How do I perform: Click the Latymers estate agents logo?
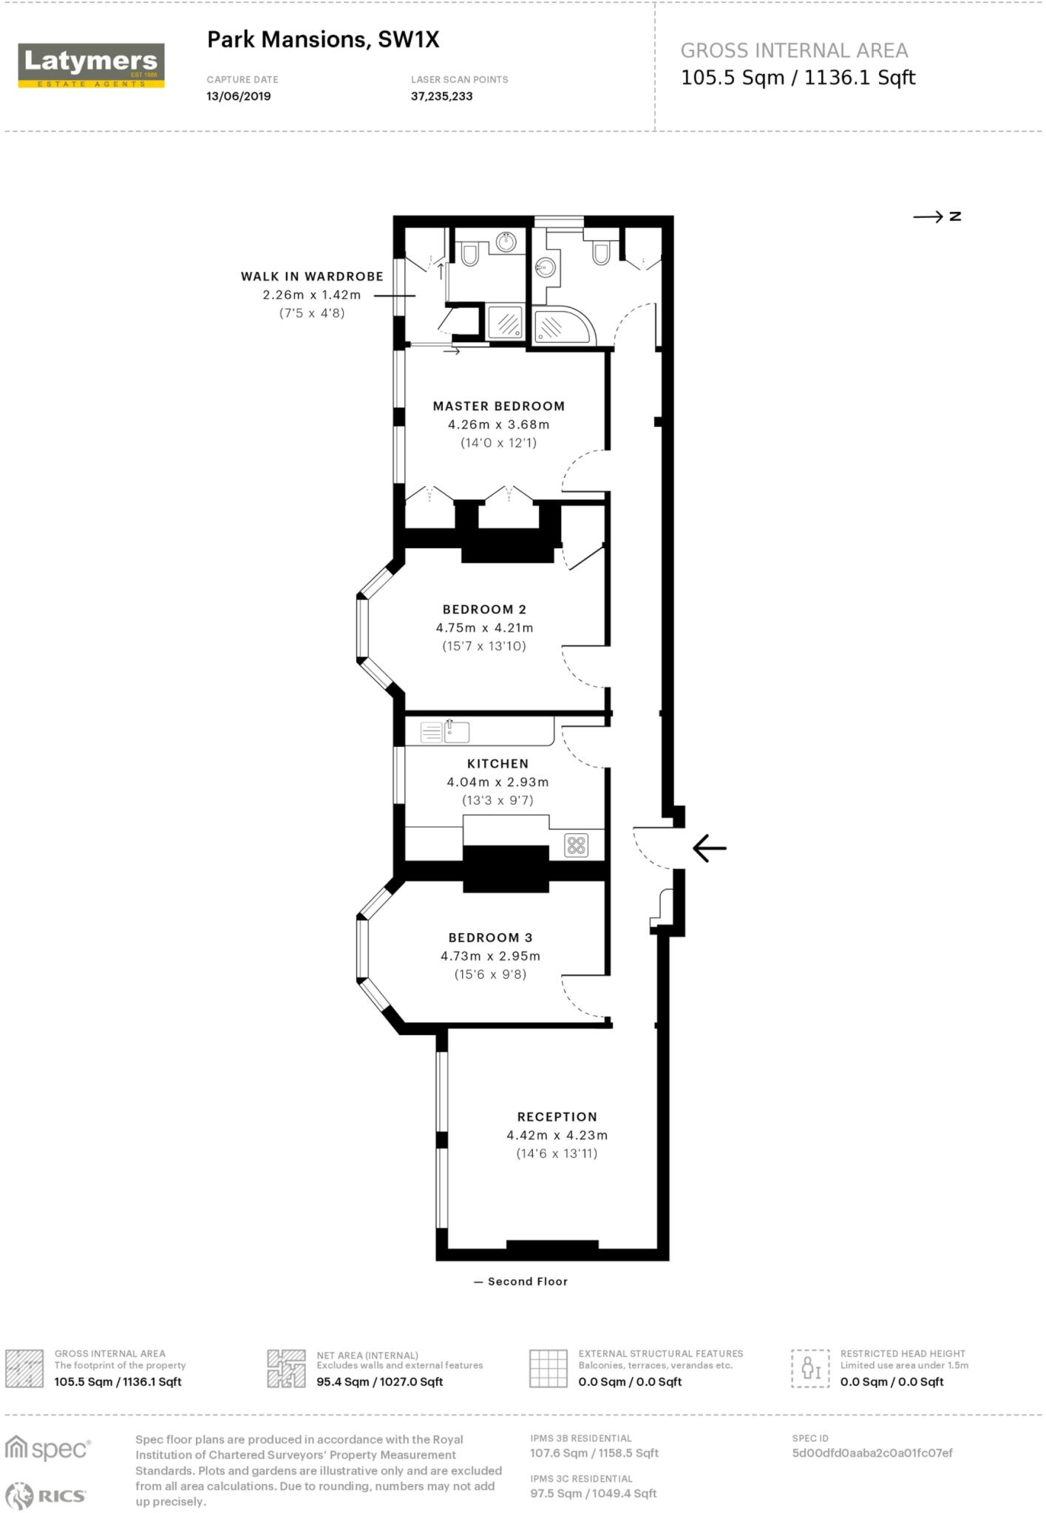click(x=91, y=66)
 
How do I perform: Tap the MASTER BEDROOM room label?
click(x=498, y=406)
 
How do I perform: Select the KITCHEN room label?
click(x=497, y=764)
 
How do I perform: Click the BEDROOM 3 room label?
click(x=490, y=937)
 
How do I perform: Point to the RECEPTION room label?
click(x=557, y=1117)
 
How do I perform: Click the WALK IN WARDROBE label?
click(x=312, y=276)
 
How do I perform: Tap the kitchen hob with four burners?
click(x=577, y=845)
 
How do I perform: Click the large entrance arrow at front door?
click(x=710, y=848)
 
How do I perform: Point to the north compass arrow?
click(x=936, y=216)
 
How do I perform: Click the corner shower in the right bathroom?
click(x=562, y=327)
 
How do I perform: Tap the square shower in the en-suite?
click(x=507, y=323)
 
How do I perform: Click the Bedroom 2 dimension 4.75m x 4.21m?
click(x=484, y=628)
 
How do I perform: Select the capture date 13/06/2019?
click(x=238, y=97)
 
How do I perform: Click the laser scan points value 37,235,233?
click(x=441, y=97)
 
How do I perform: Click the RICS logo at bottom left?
click(x=46, y=1495)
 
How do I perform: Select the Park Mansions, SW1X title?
click(x=323, y=40)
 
